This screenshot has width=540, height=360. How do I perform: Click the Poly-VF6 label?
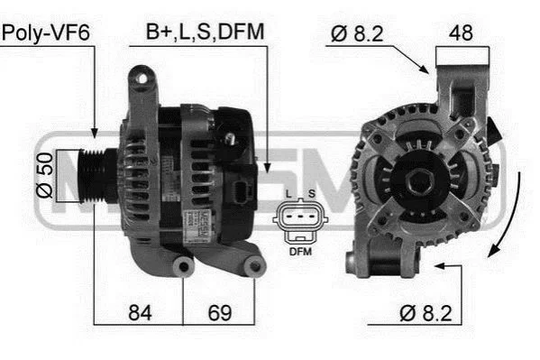tap(46, 32)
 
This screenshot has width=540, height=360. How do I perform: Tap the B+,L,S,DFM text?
tap(206, 32)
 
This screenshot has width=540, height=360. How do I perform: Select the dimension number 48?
tap(461, 32)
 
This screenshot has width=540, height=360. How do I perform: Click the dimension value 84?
tap(140, 313)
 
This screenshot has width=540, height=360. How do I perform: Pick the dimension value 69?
tap(220, 313)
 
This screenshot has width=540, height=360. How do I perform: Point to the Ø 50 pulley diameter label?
tap(45, 176)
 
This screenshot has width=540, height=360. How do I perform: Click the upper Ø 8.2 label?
tap(357, 33)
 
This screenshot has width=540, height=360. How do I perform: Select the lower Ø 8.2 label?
tap(426, 313)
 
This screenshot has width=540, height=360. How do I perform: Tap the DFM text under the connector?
tap(300, 252)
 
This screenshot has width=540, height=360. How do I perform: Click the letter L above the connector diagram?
tap(288, 194)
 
